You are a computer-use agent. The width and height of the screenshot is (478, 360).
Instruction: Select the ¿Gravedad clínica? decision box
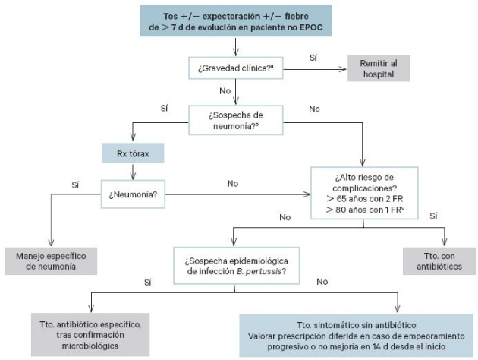coord(236,69)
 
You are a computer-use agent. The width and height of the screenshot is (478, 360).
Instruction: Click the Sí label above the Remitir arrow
coord(313,58)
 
